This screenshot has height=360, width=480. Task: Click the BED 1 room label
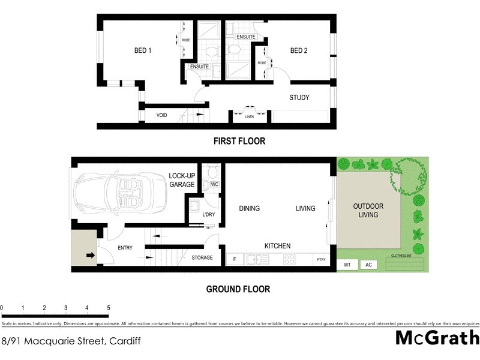coord(142,51)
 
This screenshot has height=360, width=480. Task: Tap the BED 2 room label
coord(299,51)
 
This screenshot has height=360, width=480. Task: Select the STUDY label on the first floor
coord(299,98)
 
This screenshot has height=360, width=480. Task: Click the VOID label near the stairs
coord(161,115)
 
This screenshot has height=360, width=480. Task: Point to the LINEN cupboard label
coord(250,117)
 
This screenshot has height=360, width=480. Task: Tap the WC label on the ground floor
coord(214,184)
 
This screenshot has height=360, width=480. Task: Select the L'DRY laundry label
coord(209,215)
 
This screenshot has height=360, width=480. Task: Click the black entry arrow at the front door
coord(90,255)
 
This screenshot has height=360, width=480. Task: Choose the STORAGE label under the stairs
coord(202,258)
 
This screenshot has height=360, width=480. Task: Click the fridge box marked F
coord(234,260)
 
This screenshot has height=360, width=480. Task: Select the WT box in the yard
coord(347,265)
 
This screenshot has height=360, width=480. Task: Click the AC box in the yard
coord(368,265)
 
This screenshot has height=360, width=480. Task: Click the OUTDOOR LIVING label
coord(368,211)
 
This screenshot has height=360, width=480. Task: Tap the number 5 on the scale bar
coord(109,308)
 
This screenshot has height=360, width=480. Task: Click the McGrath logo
coord(437,338)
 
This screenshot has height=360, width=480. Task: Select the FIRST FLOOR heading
coord(239,142)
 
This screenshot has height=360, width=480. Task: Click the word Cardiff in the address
coord(124,341)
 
